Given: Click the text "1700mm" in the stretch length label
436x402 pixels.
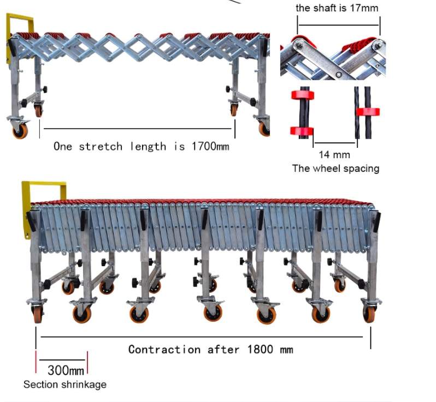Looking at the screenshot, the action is coord(210,146).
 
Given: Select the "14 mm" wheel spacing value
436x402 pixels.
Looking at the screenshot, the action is coord(334,155).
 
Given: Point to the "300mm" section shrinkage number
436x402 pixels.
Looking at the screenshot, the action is coord(66,370).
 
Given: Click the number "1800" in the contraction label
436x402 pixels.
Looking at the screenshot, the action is coord(260,349).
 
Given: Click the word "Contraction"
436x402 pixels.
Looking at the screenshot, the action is coord(164,349).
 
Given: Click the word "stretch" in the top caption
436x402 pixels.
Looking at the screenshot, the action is coord(101,146).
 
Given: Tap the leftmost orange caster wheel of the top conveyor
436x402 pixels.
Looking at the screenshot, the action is coord(20,130).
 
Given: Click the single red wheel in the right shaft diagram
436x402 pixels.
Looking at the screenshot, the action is coord(368,112).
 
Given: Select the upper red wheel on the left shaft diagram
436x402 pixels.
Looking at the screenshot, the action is coord(303,95).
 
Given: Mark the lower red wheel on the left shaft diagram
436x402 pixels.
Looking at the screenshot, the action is coord(302,131).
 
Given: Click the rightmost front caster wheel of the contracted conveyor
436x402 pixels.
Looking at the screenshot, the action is coord(369,313).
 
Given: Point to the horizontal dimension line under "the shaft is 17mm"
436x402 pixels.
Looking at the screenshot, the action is coord(339,25).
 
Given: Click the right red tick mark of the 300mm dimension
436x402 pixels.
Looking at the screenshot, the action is coord(87,363).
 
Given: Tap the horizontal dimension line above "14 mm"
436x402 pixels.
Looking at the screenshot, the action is coord(335,143).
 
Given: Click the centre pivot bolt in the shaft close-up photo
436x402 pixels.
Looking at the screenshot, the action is coord(338,74).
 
